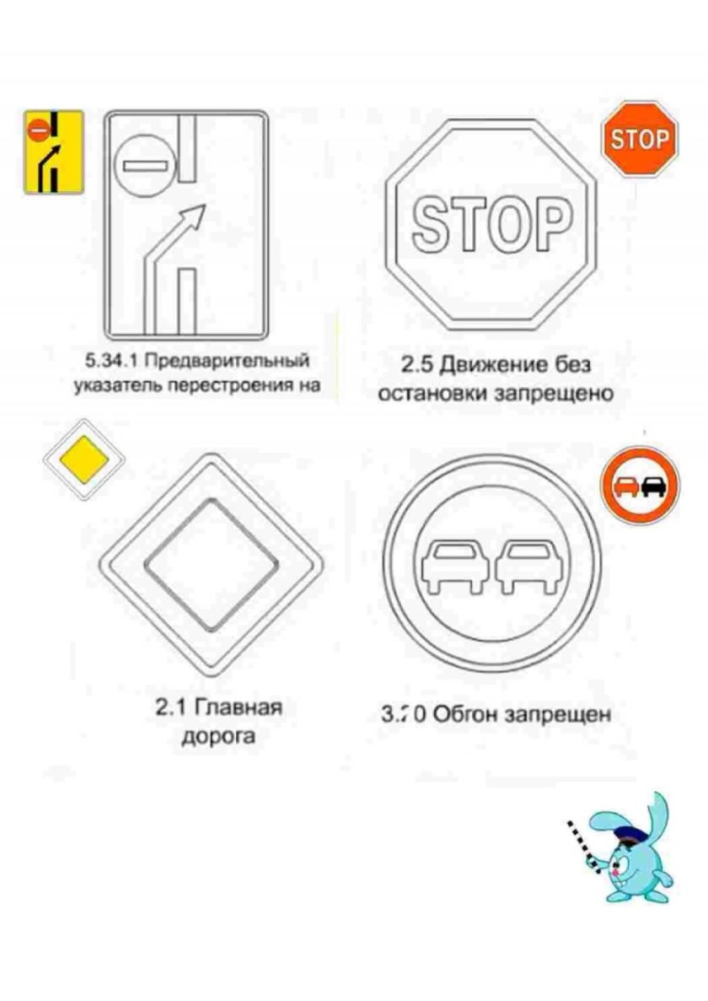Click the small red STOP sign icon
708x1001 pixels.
click(639, 139)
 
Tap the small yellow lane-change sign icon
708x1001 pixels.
click(52, 152)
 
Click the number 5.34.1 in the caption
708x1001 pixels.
click(115, 362)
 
